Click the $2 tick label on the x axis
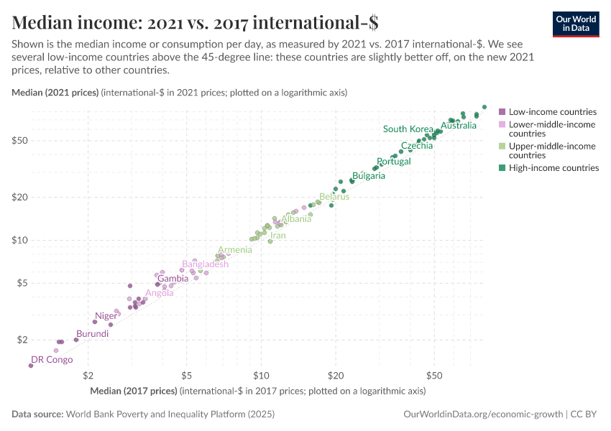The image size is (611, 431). (x=88, y=375)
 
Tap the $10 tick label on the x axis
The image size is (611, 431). (x=260, y=375)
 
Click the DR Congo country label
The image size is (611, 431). (x=52, y=360)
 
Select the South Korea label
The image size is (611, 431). (x=408, y=129)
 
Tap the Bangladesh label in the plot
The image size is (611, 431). (x=205, y=264)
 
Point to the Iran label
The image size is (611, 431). (x=277, y=236)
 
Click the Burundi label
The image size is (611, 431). (x=93, y=334)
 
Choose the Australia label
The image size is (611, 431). (x=458, y=126)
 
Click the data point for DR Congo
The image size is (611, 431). (x=31, y=366)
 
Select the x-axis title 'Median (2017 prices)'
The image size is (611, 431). (x=134, y=391)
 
